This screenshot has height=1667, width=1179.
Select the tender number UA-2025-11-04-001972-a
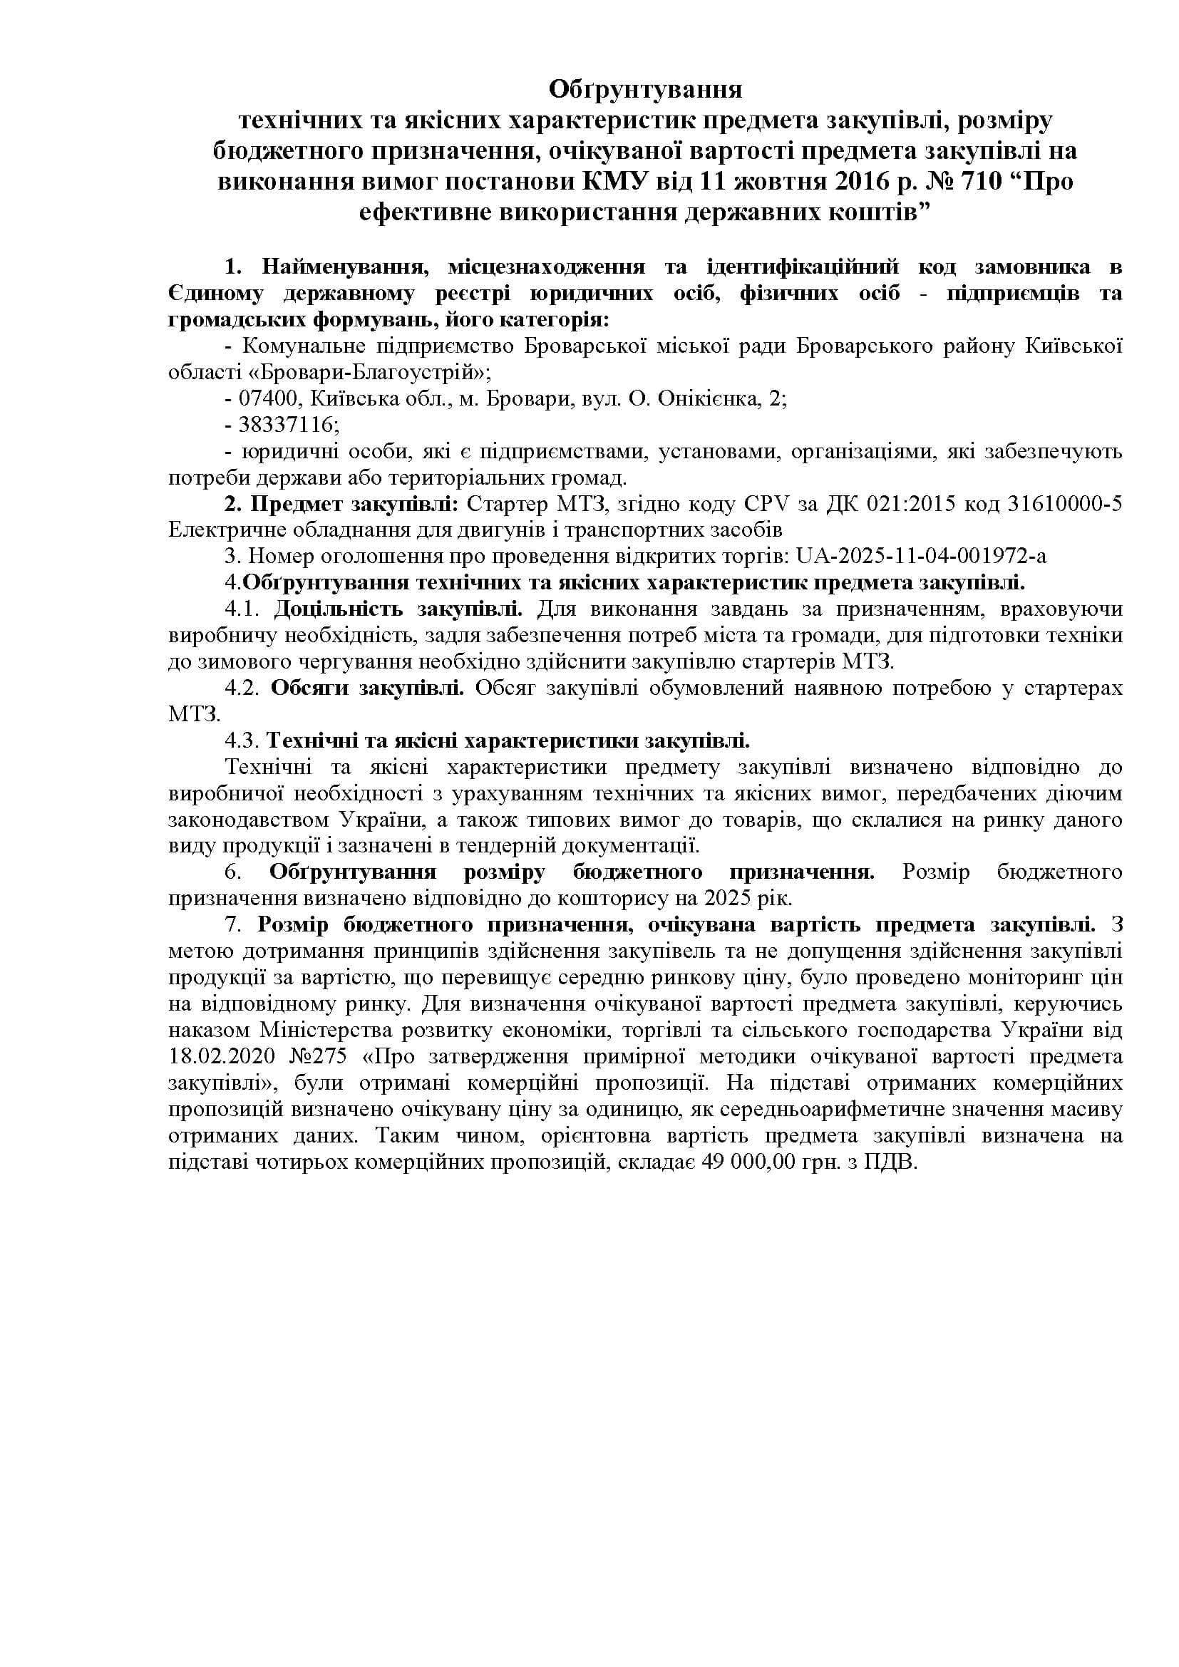(x=921, y=556)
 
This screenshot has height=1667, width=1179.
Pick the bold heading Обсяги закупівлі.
(x=368, y=688)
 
